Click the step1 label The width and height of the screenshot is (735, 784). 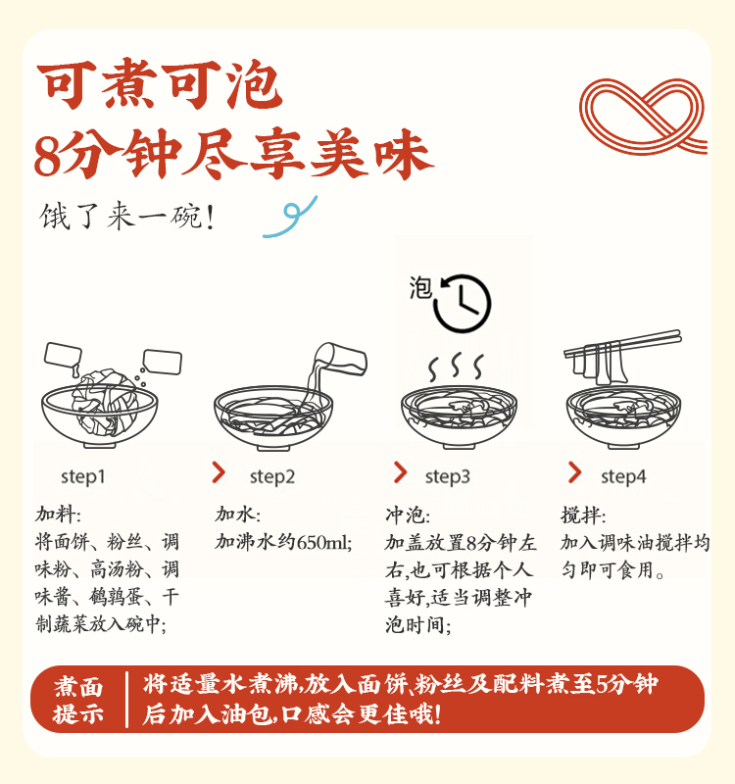[x=83, y=477]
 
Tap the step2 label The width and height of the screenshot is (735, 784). [x=272, y=477]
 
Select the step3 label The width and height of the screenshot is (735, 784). [x=448, y=477]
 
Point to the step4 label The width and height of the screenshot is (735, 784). [x=623, y=477]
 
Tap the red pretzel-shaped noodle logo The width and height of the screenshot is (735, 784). [x=644, y=116]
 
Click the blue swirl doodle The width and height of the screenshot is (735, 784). [x=290, y=217]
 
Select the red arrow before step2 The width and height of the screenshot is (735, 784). [x=219, y=472]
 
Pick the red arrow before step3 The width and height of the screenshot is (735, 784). [x=400, y=472]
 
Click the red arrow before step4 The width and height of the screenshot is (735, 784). [x=574, y=472]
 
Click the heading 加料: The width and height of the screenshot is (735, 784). [x=58, y=514]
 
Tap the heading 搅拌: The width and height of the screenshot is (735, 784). [x=583, y=515]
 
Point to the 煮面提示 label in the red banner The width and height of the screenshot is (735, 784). [x=78, y=700]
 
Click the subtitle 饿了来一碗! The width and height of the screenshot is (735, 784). [x=127, y=217]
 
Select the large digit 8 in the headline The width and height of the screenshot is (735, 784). [x=47, y=156]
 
